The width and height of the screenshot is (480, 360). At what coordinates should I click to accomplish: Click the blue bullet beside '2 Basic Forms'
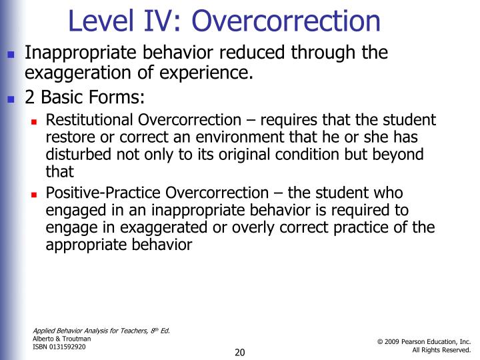pyautogui.click(x=10, y=99)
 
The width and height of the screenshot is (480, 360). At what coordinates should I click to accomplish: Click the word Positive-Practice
pyautogui.click(x=103, y=193)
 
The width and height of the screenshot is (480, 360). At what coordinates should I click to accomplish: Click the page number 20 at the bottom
pyautogui.click(x=240, y=352)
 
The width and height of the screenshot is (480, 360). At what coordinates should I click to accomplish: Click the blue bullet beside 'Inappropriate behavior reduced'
pyautogui.click(x=10, y=54)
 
